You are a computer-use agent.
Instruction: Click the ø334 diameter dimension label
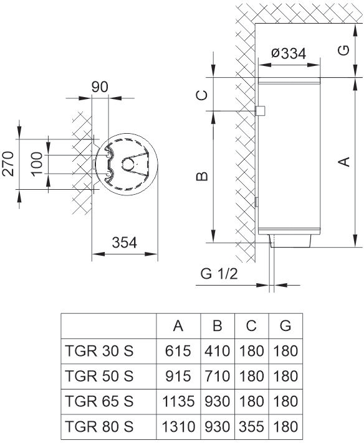click(289, 54)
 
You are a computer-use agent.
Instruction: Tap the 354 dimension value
click(124, 243)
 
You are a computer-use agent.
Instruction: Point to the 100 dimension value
click(37, 164)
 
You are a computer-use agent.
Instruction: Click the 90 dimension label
click(100, 86)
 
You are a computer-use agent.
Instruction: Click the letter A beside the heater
click(342, 162)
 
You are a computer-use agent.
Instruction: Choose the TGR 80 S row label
click(99, 427)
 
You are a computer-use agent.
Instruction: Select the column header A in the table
click(178, 325)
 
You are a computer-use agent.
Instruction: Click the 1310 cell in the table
click(178, 427)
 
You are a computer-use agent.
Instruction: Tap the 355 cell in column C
click(251, 427)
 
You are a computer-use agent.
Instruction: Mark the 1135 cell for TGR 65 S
click(178, 401)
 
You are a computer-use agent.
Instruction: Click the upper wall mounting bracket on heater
click(261, 111)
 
